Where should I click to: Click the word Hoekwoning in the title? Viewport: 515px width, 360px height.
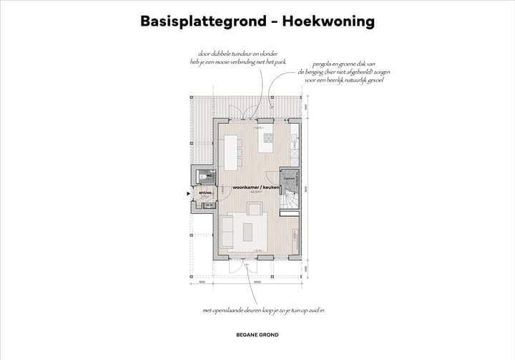coord(328,21)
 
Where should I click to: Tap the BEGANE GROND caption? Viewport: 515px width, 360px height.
coord(257,334)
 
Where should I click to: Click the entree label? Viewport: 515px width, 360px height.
coord(204,192)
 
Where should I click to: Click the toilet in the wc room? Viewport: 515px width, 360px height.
coord(203,175)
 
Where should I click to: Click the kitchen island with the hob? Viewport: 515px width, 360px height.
coord(268,139)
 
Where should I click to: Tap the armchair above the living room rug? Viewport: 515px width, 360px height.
coord(254,208)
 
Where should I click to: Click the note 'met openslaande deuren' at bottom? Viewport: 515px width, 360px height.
coord(263,311)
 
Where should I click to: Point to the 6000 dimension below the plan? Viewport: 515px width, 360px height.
coord(257,283)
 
